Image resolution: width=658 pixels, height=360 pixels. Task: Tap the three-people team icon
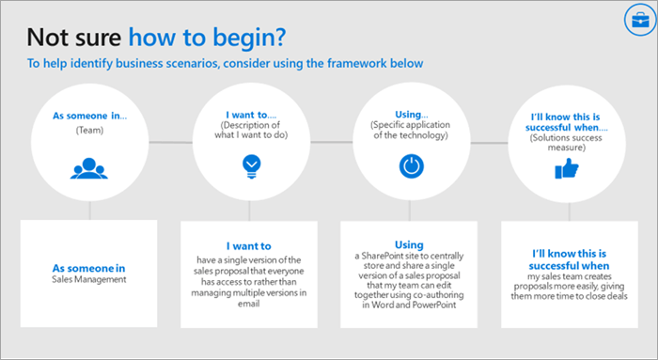(89, 169)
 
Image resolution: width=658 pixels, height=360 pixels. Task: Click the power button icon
(410, 167)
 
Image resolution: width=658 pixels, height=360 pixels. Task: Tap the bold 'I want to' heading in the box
(249, 246)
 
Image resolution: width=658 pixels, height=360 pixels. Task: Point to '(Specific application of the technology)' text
(410, 130)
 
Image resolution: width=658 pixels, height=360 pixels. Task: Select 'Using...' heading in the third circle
(410, 112)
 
